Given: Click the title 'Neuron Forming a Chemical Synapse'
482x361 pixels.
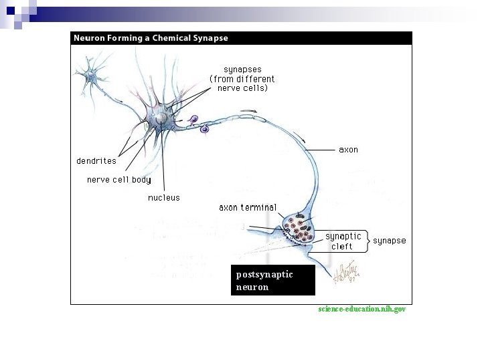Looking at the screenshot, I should [x=151, y=38].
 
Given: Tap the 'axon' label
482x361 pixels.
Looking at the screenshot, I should [x=348, y=150].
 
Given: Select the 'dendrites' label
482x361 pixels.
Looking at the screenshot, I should [x=96, y=161].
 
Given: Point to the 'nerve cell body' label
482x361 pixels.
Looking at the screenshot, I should [x=118, y=180].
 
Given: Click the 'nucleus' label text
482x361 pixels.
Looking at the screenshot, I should [x=163, y=198].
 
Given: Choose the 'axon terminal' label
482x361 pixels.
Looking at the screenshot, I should [x=247, y=208].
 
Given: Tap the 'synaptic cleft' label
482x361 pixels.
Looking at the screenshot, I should [x=343, y=241].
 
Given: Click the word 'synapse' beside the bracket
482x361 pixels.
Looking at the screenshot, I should [x=389, y=241].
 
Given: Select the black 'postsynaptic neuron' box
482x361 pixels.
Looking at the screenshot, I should [x=272, y=281].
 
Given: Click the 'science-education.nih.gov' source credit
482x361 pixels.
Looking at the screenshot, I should [x=361, y=310].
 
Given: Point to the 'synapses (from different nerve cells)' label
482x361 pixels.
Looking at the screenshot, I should [x=242, y=79].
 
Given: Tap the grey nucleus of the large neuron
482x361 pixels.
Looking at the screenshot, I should [x=161, y=118].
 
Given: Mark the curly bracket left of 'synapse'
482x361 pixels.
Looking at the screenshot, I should [x=368, y=241].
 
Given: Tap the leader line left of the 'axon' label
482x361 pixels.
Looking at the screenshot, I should [x=321, y=150].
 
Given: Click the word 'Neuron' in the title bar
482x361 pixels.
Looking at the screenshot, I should [x=88, y=38].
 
